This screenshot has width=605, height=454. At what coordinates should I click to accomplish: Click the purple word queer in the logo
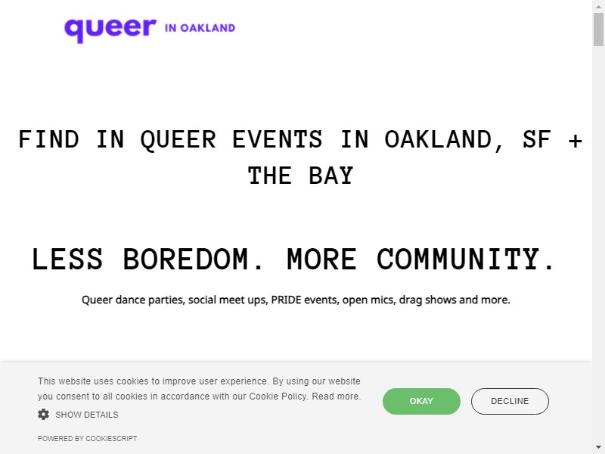pos(110,30)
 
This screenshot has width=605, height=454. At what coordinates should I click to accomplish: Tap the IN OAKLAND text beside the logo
pos(200,28)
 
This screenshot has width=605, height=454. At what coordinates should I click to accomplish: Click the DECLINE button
pos(510,401)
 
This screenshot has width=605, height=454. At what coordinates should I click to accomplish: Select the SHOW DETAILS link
pos(87,415)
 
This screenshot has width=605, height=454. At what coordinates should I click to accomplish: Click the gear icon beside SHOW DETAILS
pos(44,414)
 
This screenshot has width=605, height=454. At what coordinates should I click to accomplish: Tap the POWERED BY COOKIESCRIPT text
pos(87,439)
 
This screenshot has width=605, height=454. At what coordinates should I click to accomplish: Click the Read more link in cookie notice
pos(336,396)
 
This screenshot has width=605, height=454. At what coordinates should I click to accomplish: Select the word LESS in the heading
pos(67,259)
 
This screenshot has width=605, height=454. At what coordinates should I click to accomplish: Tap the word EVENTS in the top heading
pos(277,139)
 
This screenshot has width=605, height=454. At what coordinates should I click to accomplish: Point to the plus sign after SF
pos(575,141)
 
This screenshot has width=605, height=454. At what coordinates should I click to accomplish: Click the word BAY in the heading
pos(330,176)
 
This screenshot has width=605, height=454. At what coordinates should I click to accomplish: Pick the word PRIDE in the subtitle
pos(286,300)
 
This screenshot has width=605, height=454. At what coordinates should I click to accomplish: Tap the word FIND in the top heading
pos(48,139)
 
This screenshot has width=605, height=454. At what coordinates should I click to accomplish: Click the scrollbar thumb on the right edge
pos(598,29)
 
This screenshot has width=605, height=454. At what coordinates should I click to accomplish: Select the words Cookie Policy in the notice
pos(278,396)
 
